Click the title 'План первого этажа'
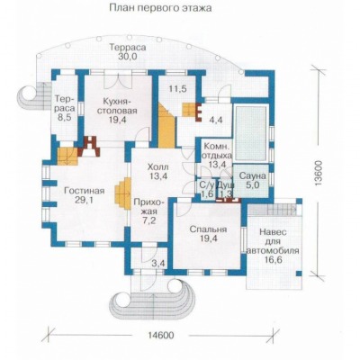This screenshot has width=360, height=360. [x=160, y=7]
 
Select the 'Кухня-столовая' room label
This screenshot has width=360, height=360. [x=119, y=105]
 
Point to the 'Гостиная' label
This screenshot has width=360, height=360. [x=85, y=191]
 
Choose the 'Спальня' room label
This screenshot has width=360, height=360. [x=208, y=229]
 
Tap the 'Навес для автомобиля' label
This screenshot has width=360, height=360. [x=273, y=241]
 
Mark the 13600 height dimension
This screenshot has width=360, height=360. [x=319, y=174]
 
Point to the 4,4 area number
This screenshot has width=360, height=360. [x=216, y=120]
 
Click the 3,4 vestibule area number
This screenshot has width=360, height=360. [x=157, y=265]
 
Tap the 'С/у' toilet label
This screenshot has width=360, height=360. [x=208, y=184]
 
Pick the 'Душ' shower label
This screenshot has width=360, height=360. [x=225, y=184]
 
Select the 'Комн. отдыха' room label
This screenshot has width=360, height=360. [x=218, y=151]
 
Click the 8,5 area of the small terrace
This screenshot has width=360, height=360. [x=65, y=117]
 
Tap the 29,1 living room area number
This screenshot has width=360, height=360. [x=85, y=200]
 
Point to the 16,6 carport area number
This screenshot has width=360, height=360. [x=273, y=260]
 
